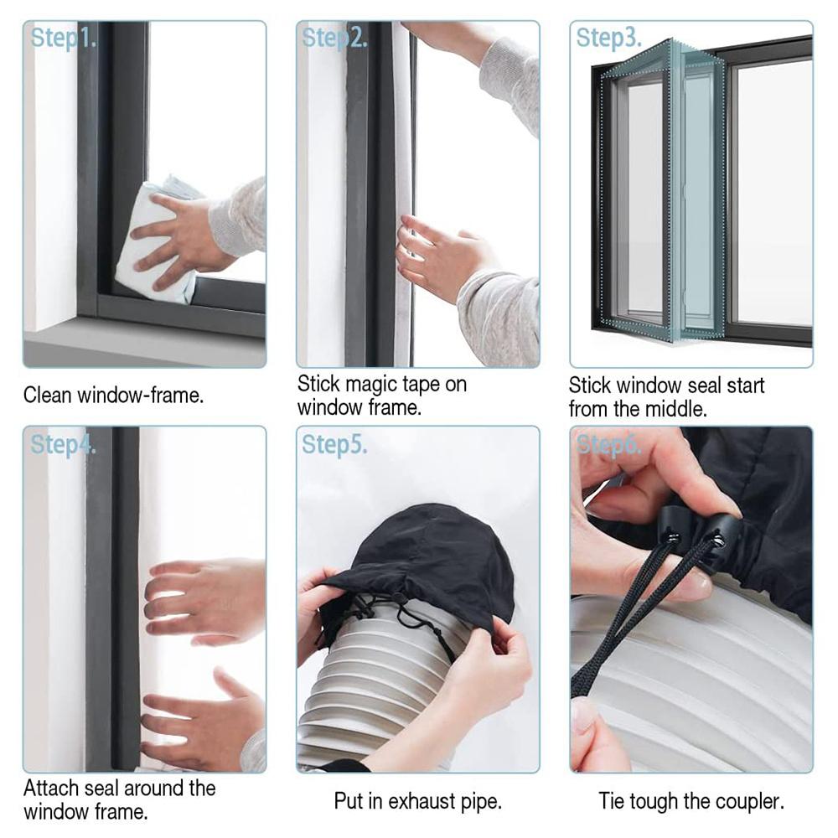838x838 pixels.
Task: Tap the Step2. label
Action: click(334, 38)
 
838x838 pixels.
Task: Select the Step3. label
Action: click(608, 38)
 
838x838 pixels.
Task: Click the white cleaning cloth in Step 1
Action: click(155, 243)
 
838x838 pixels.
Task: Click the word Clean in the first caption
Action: click(48, 395)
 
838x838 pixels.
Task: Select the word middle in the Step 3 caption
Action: click(675, 410)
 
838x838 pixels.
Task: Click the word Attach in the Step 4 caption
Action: click(52, 789)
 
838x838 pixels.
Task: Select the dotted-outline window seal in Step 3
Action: click(662, 193)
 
